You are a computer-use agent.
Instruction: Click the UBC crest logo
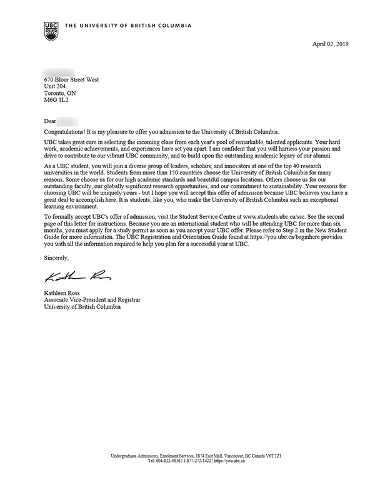[x=51, y=27]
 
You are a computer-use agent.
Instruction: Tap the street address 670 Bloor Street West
[x=71, y=79]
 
